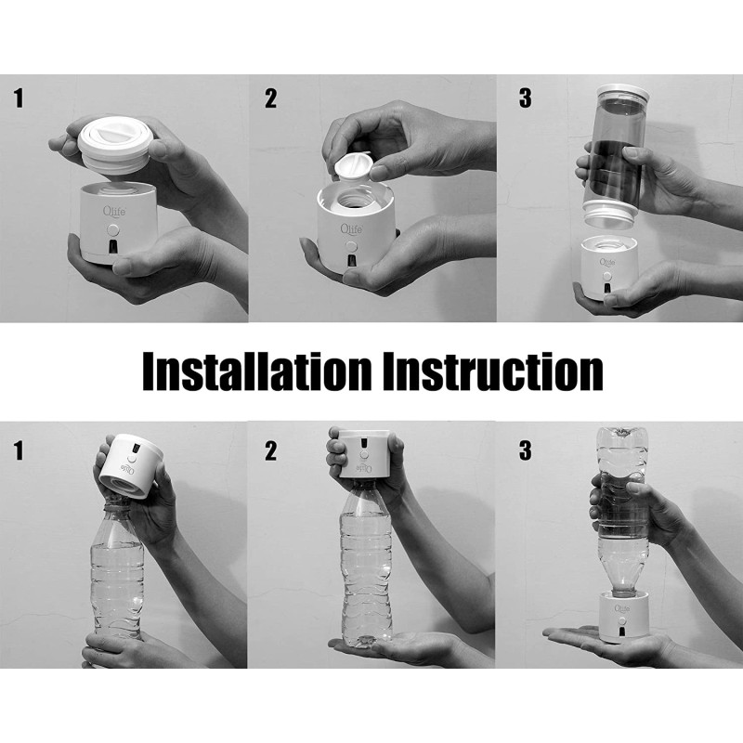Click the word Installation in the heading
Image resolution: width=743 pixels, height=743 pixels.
[x=257, y=371]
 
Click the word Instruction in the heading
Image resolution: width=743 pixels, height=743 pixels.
[x=493, y=371]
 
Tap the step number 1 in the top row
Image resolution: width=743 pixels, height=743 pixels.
[x=19, y=98]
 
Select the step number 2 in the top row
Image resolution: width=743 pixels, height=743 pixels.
[x=270, y=98]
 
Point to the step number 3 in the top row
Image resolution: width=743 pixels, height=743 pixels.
[x=525, y=98]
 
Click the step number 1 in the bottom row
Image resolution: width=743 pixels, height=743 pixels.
[x=19, y=450]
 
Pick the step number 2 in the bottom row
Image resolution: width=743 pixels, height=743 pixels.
[x=270, y=450]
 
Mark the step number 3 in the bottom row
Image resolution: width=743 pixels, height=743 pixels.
[x=525, y=450]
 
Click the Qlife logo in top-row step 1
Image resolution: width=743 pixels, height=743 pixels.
[x=114, y=211]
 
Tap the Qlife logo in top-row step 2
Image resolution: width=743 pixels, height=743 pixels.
[x=352, y=229]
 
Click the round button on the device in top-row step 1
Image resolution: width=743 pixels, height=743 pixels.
[x=112, y=230]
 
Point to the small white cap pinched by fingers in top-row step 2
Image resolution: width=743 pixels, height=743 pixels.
[x=353, y=167]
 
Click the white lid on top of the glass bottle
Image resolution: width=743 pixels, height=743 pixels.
[x=622, y=92]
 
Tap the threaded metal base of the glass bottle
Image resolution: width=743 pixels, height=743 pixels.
[x=608, y=215]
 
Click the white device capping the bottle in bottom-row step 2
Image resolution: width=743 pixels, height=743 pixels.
[x=364, y=453]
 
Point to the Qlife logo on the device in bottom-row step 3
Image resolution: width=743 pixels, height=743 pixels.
[x=622, y=608]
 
